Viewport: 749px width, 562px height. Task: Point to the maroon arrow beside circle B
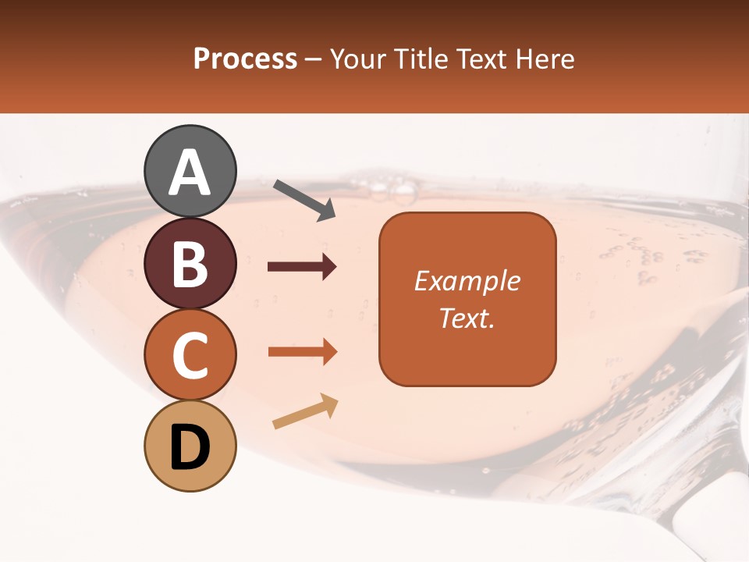[x=302, y=267]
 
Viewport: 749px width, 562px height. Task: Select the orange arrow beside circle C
[x=302, y=352]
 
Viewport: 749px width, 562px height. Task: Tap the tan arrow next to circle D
[x=305, y=411]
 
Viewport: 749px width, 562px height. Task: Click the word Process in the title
[x=245, y=59]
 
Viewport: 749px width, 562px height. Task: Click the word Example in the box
[x=467, y=281]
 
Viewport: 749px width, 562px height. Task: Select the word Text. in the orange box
[x=467, y=318]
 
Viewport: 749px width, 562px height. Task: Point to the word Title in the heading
[x=421, y=59]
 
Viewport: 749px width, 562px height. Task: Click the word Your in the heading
[x=360, y=59]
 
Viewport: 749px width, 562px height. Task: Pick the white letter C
[x=190, y=356]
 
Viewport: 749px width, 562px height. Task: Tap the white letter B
[x=190, y=265]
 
